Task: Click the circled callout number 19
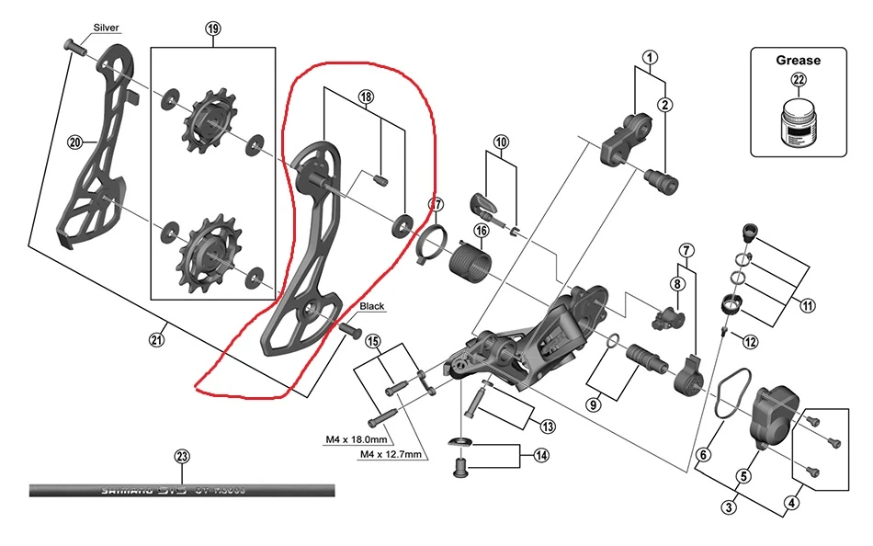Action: [213, 28]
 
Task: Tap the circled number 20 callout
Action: [75, 142]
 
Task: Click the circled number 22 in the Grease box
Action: [799, 80]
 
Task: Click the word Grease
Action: [798, 61]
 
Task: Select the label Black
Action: [372, 306]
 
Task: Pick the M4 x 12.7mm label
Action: [391, 454]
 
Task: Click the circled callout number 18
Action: [366, 97]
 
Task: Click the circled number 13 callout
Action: [548, 426]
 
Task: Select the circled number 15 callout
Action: [373, 342]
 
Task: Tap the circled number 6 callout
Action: [704, 454]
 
